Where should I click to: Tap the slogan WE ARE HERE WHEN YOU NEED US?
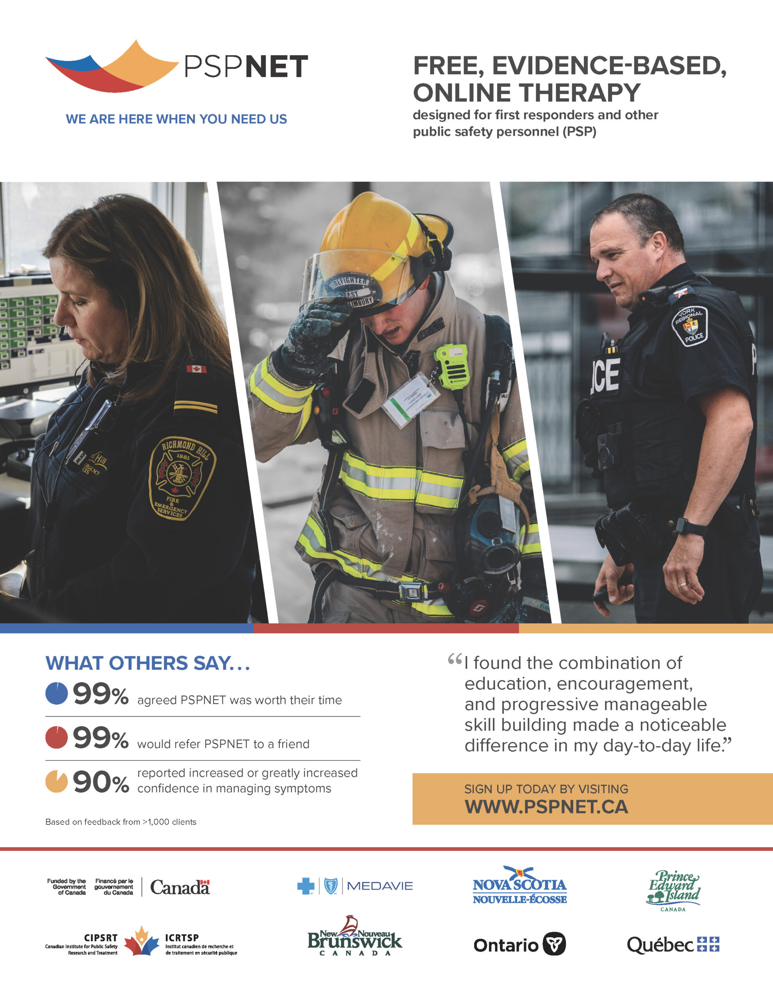[x=176, y=119]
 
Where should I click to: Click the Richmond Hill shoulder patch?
[x=181, y=477]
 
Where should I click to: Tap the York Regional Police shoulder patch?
[x=690, y=326]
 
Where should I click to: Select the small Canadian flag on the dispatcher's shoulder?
[x=196, y=369]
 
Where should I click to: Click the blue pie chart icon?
[x=57, y=693]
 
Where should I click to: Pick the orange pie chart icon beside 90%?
[x=57, y=782]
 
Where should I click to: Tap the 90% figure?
[x=101, y=782]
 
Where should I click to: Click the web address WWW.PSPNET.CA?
[x=546, y=807]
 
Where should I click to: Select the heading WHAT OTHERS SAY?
[x=148, y=663]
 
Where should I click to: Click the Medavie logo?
[x=355, y=886]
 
